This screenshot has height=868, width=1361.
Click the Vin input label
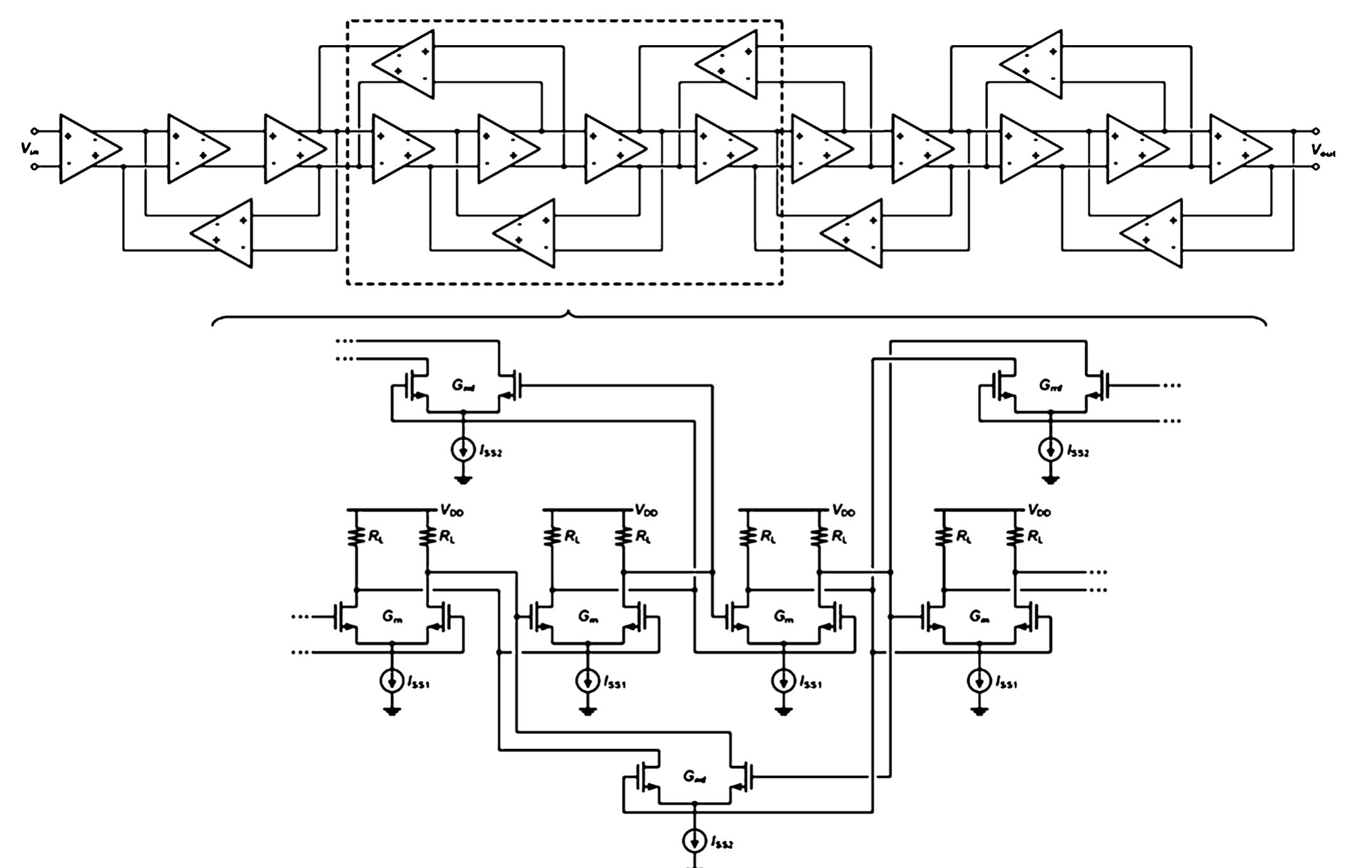[28, 149]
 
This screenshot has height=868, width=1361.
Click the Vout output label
[1323, 150]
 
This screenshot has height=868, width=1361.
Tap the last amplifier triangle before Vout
[1236, 149]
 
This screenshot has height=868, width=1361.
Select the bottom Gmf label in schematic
[694, 778]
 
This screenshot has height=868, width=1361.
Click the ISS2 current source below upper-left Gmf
[463, 450]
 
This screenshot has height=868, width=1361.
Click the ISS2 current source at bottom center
[694, 841]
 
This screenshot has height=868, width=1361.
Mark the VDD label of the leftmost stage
[451, 511]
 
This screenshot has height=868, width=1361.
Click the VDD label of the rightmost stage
[1039, 511]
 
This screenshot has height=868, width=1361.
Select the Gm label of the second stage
[588, 617]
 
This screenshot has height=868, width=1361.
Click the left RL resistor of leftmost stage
[356, 536]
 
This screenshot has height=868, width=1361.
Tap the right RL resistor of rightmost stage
[1016, 536]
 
